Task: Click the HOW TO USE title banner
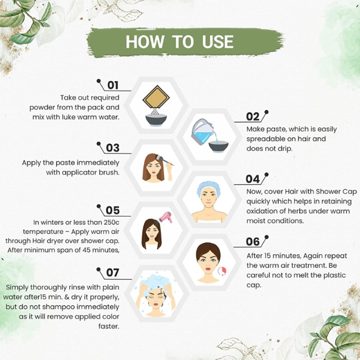point(179,41)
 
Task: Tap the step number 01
point(112,85)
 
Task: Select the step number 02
point(253,117)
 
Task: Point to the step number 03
point(112,147)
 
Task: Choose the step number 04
point(253,179)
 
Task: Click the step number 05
point(112,210)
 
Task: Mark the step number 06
point(253,242)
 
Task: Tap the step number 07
point(112,272)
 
